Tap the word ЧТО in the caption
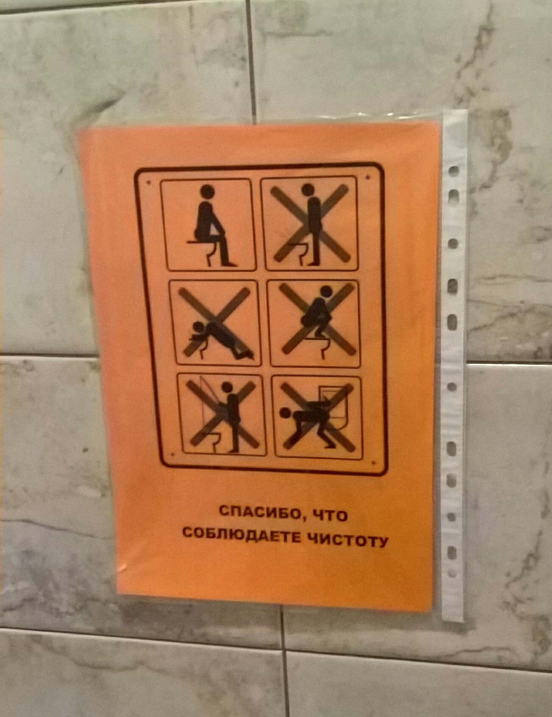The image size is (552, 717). tap(329, 515)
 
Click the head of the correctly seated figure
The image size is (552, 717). tap(207, 191)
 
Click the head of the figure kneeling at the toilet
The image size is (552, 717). tap(197, 329)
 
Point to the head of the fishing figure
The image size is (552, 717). tap(227, 388)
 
